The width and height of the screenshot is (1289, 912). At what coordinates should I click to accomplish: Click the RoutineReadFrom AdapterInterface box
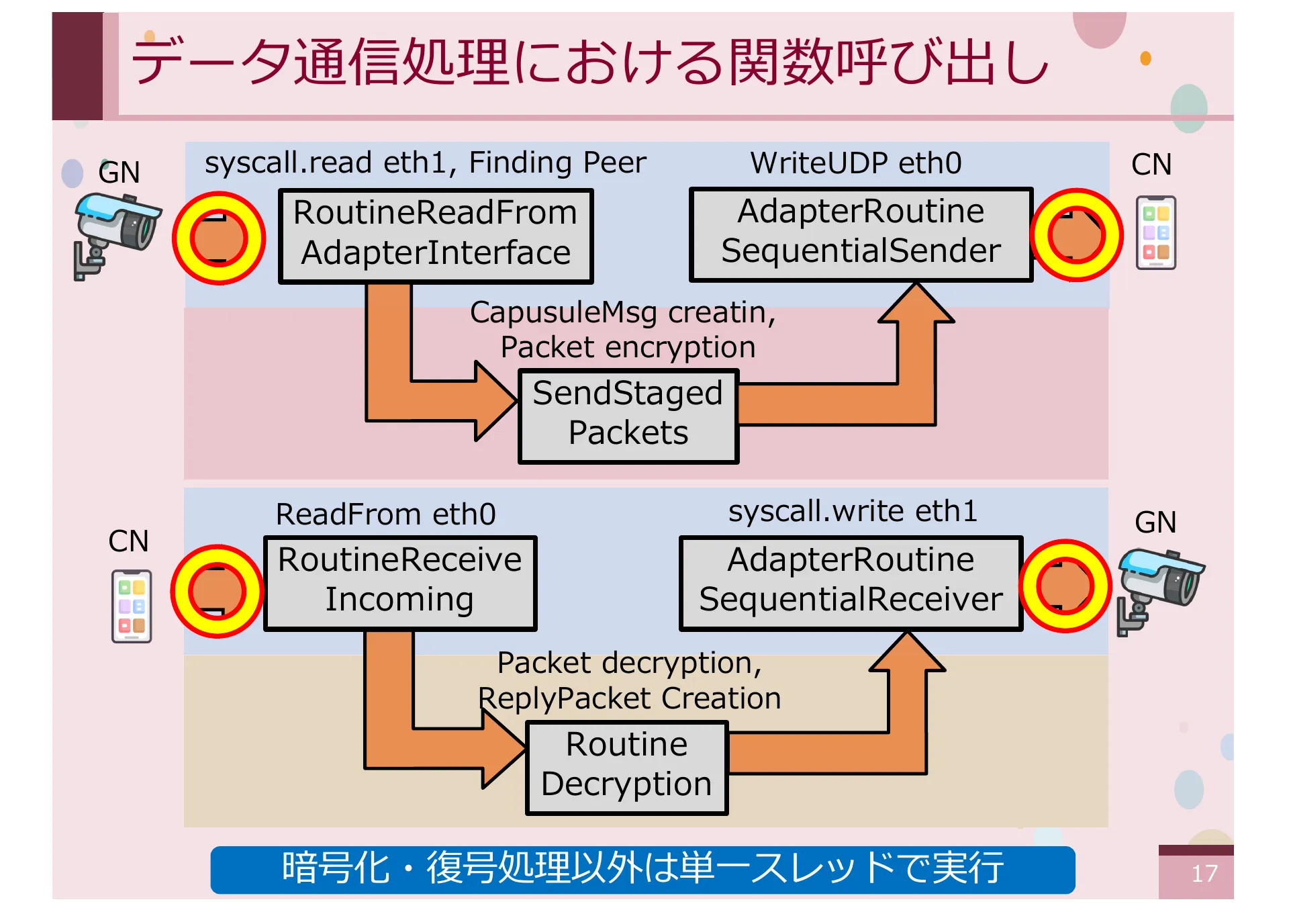(436, 236)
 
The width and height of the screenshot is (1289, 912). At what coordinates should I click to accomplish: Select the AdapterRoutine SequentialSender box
(861, 234)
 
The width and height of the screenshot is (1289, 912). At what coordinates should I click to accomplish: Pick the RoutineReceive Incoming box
(400, 582)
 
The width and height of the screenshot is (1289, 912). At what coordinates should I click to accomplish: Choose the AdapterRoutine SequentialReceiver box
(851, 582)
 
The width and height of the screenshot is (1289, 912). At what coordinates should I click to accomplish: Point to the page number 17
(1204, 874)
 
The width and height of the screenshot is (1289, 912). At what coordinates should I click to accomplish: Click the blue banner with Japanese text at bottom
(642, 869)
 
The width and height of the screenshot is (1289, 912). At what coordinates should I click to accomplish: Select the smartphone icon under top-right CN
(1155, 232)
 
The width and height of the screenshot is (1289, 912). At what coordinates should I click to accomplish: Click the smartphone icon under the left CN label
(132, 606)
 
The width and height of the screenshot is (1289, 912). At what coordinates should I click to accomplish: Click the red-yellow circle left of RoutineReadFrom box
(219, 238)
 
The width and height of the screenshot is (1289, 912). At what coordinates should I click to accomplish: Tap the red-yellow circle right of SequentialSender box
(1076, 235)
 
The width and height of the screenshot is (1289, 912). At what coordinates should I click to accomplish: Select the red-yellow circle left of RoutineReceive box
(217, 591)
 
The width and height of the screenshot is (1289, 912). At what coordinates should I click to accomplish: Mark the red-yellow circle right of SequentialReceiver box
(1065, 586)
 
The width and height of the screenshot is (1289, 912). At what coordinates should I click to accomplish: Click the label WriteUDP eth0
(855, 163)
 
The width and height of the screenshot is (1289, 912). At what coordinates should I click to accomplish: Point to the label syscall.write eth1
(853, 512)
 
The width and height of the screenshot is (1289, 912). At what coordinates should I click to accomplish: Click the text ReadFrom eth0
(385, 514)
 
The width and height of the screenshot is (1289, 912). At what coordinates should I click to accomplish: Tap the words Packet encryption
(628, 348)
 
